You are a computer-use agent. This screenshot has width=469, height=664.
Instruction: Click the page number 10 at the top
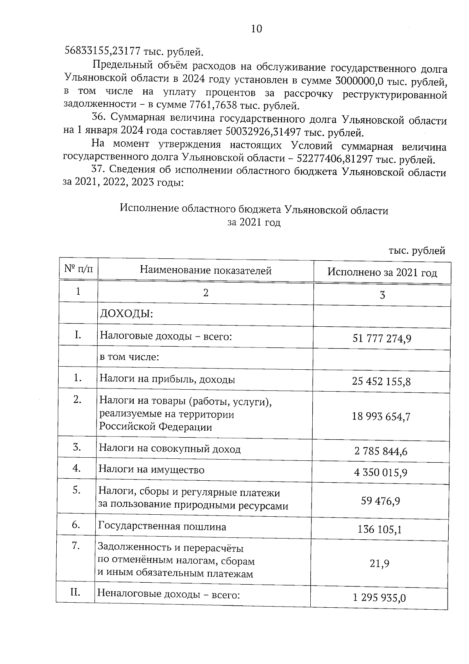(256, 29)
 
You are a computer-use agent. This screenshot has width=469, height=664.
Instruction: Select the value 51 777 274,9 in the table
(381, 338)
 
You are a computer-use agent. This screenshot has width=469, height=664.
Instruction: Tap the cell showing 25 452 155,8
(381, 381)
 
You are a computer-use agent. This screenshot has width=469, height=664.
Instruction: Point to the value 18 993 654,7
(381, 417)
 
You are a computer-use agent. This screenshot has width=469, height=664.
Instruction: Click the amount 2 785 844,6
(381, 452)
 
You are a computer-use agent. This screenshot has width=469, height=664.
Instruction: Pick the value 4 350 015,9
(381, 473)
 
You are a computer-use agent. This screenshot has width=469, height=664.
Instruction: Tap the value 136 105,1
(380, 530)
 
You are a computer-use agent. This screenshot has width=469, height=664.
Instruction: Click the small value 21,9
(379, 564)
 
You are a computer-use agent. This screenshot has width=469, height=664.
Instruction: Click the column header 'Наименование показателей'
(206, 270)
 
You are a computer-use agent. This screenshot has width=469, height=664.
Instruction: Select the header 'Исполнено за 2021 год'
(382, 273)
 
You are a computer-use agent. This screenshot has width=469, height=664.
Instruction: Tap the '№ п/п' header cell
(79, 269)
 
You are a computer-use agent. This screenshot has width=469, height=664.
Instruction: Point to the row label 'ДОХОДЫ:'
(126, 314)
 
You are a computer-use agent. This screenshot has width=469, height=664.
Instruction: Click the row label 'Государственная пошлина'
(162, 527)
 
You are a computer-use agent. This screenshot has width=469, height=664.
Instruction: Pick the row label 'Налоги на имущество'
(151, 469)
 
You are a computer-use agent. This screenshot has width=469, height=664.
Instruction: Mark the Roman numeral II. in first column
(75, 592)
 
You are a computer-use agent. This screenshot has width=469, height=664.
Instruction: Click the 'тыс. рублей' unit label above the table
(417, 251)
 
